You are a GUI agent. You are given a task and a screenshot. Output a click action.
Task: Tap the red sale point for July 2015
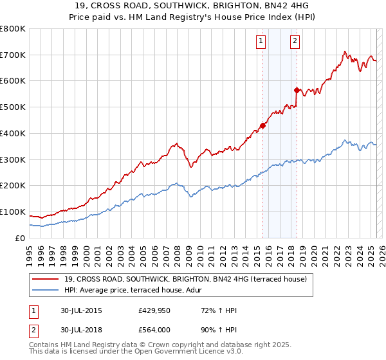pyautogui.click(x=262, y=125)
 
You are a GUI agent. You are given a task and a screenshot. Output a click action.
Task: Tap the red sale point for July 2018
pyautogui.click(x=297, y=91)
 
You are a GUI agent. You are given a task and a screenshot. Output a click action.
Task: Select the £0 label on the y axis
pyautogui.click(x=21, y=238)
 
